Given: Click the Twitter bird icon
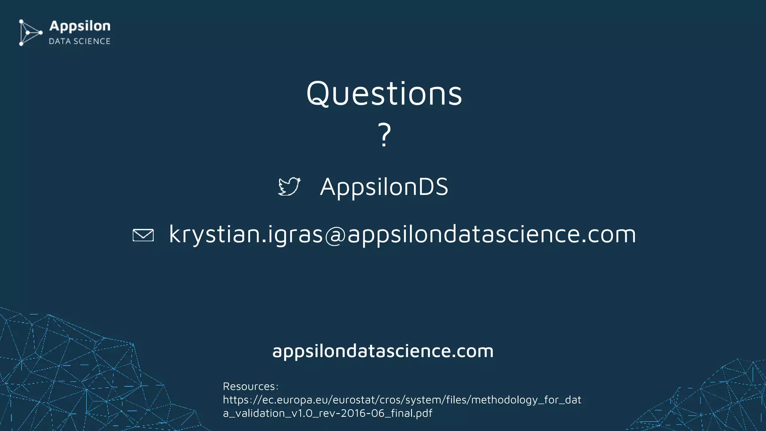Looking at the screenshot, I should tap(289, 186).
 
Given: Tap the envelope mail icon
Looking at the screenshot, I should tap(143, 235).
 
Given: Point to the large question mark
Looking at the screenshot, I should tap(384, 135).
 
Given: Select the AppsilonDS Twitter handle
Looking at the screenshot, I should tap(384, 187).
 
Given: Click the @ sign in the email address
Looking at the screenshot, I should tap(335, 235).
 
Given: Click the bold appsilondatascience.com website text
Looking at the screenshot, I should tap(383, 351).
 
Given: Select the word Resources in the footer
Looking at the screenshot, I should tap(249, 386).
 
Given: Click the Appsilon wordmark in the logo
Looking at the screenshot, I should tap(80, 26).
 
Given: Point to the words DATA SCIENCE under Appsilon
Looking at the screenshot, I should tap(80, 42).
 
